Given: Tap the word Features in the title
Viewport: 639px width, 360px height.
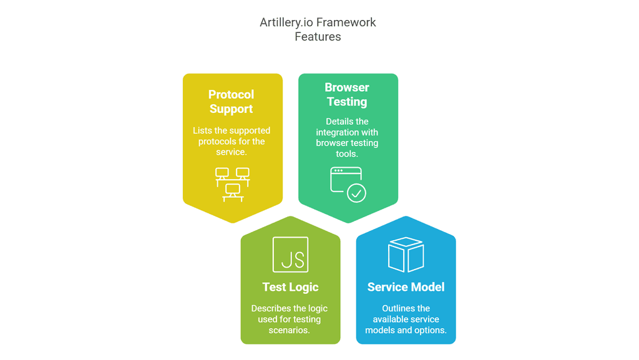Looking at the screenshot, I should [x=318, y=37].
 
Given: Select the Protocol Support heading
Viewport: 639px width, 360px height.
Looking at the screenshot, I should [x=232, y=102].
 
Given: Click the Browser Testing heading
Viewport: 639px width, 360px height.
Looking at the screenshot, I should [x=347, y=95].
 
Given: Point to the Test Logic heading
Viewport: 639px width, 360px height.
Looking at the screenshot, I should [x=290, y=287].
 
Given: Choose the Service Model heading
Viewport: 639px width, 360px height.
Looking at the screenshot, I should [x=406, y=287].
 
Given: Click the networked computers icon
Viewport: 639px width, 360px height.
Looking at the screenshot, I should [x=232, y=184].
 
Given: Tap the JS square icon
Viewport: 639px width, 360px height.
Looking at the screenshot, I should [x=291, y=255].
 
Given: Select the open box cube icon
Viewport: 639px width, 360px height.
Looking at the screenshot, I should [x=406, y=254].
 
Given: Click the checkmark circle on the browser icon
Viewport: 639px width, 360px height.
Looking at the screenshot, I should [x=356, y=193].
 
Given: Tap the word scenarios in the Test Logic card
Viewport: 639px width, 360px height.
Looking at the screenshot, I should [x=289, y=330].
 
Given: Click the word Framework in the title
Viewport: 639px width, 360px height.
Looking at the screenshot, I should [x=346, y=22].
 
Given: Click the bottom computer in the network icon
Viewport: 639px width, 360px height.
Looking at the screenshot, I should [x=233, y=190].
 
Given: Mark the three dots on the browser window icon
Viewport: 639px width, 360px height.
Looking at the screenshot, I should [x=338, y=170].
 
